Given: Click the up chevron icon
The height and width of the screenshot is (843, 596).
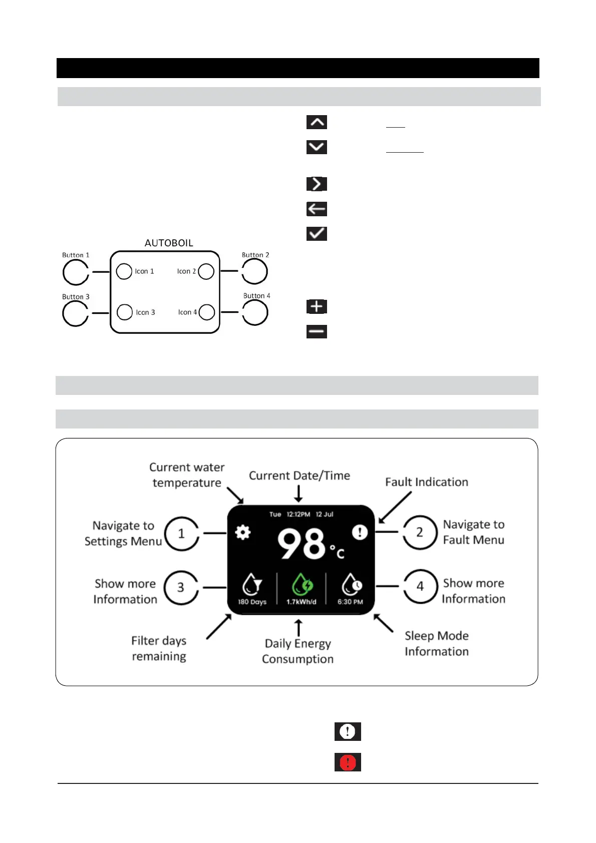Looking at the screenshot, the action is coord(317,122).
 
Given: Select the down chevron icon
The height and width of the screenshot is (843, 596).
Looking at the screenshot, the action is coord(317,147).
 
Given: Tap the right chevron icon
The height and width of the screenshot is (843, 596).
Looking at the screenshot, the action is coord(317,184).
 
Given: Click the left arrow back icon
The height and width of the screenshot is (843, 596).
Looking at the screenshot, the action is coord(317,209).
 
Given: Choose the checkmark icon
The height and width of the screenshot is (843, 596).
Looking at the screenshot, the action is coord(317,233).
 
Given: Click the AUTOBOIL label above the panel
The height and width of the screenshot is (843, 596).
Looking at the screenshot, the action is coord(169,243).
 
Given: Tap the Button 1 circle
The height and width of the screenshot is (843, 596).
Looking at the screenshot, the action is coord(75,273).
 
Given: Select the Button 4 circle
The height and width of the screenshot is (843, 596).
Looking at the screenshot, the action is coord(255,313).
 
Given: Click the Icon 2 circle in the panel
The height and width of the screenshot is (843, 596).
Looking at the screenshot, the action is coord(206,271).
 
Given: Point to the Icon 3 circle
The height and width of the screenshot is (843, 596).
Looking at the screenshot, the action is coord(125,312).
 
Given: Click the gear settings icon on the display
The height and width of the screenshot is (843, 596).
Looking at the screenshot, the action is coord(243,532).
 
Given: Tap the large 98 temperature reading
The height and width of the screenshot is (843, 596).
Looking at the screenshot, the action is coord(302,545).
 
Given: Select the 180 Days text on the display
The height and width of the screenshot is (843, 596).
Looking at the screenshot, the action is coord(252,602).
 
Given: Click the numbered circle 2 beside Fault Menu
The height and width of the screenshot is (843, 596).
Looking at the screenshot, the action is coord(420,532).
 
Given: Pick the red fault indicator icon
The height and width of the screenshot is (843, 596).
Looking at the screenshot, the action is coord(348,762).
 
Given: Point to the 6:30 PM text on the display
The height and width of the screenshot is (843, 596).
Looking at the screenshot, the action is coord(350,602).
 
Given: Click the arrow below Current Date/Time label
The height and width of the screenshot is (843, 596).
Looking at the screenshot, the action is coord(299,493).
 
